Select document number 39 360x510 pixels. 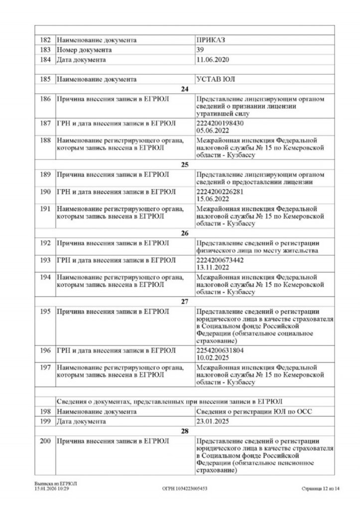(201, 50)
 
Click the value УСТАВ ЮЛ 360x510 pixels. (216, 79)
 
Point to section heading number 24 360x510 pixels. (184, 89)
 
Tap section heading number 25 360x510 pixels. (184, 164)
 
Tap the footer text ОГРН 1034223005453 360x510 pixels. (185, 489)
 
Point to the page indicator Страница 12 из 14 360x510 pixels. (320, 489)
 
